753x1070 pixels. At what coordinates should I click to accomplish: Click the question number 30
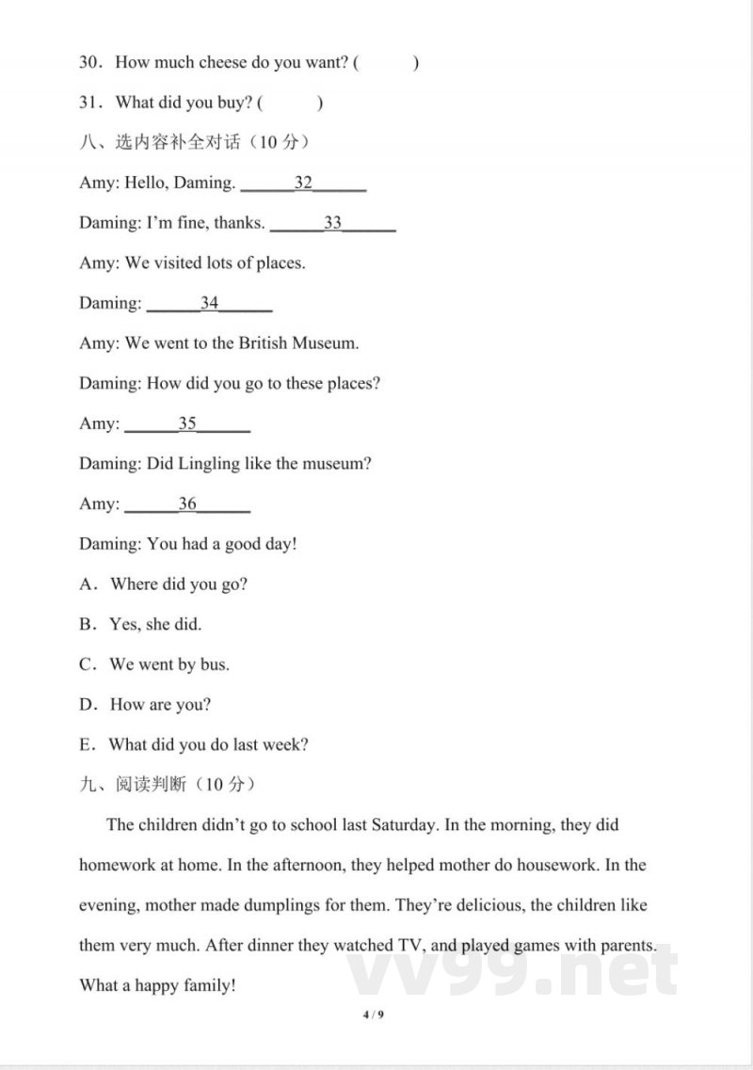point(90,63)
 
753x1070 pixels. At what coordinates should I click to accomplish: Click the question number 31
point(90,104)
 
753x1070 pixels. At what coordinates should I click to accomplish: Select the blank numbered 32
point(303,184)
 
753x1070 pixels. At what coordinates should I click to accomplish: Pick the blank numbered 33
point(332,224)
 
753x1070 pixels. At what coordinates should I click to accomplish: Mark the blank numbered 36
point(187,504)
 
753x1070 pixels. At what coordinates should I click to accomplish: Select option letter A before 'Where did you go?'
point(88,584)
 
